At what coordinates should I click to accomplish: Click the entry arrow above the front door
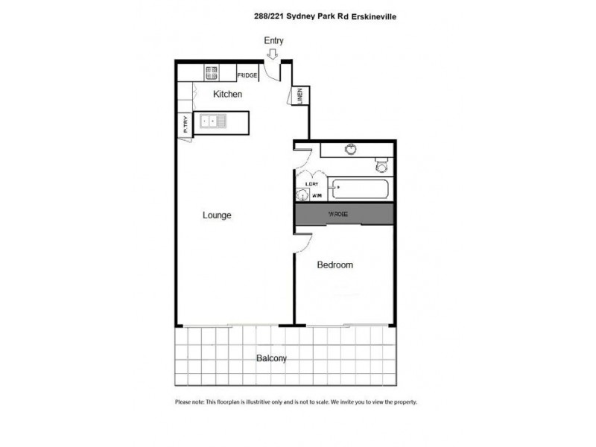pyautogui.click(x=273, y=54)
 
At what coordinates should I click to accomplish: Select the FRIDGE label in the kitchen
pyautogui.click(x=247, y=75)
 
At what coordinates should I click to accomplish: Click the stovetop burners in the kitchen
pyautogui.click(x=212, y=72)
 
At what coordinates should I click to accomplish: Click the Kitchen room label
pyautogui.click(x=228, y=95)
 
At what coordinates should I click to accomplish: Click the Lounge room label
pyautogui.click(x=218, y=215)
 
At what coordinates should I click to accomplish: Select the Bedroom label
pyautogui.click(x=335, y=264)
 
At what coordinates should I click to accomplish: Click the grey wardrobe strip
pyautogui.click(x=343, y=215)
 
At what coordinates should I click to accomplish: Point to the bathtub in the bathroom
pyautogui.click(x=360, y=188)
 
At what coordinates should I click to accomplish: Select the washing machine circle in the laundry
pyautogui.click(x=302, y=196)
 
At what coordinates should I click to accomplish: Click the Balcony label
pyautogui.click(x=271, y=358)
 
